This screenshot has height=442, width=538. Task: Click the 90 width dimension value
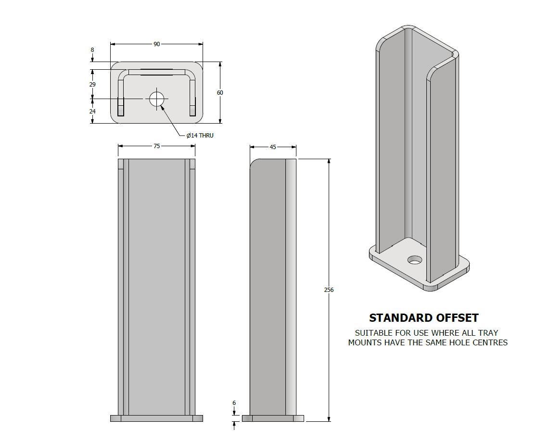(157, 44)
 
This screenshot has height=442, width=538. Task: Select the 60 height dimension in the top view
(220, 92)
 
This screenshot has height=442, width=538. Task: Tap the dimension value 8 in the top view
(92, 50)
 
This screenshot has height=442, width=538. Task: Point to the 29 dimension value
(92, 84)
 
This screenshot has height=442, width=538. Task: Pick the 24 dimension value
(92, 111)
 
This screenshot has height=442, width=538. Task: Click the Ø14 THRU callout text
(200, 136)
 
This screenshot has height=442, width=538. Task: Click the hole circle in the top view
(157, 99)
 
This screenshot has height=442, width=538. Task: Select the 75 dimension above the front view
(157, 146)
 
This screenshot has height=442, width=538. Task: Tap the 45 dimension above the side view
(273, 147)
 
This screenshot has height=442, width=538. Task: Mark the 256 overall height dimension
(329, 290)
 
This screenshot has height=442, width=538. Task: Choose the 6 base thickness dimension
(234, 403)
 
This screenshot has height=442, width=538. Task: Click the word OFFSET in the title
(457, 318)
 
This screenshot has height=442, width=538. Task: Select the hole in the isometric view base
(414, 260)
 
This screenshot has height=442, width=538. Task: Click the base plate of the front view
(157, 418)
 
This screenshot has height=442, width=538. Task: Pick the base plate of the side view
(273, 418)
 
